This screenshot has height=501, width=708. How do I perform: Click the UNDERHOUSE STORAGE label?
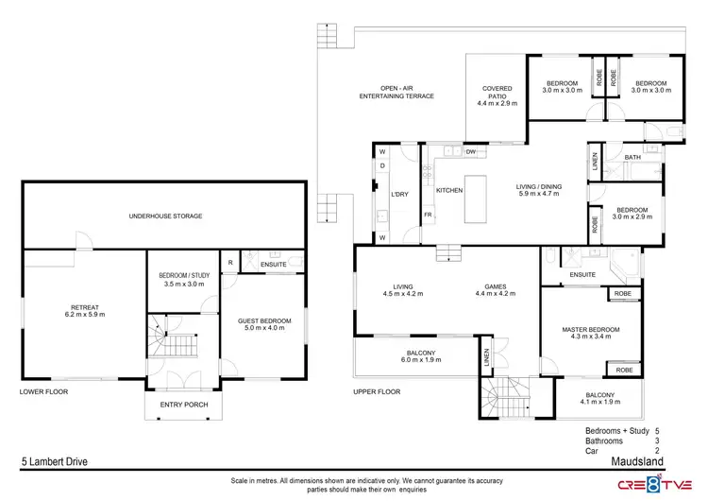[x=165, y=216]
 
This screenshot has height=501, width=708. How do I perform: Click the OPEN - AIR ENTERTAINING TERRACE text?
[x=393, y=94]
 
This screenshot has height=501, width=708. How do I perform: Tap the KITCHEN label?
[x=449, y=191]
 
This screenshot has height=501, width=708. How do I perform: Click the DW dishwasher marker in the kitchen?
[x=470, y=152]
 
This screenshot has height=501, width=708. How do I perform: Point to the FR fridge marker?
[x=428, y=215]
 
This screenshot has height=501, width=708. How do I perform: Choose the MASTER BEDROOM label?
[x=592, y=329]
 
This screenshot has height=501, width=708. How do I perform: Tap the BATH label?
[x=632, y=158]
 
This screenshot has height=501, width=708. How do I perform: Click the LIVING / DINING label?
[x=538, y=187]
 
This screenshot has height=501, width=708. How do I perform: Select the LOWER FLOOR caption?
[x=42, y=391]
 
